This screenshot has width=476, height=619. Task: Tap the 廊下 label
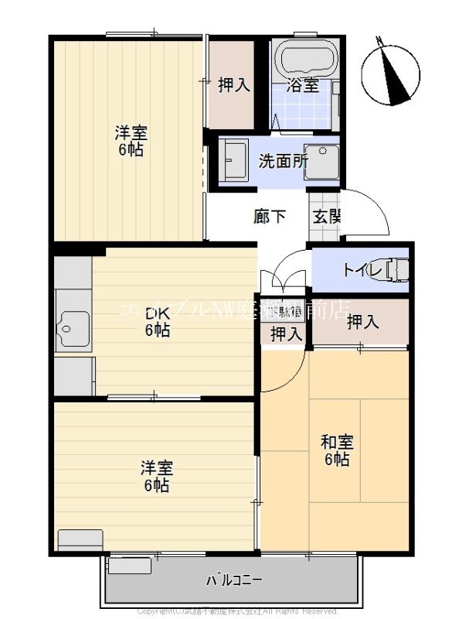[270, 216]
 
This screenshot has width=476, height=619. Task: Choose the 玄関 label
[326, 217]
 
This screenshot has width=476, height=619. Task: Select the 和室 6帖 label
[338, 450]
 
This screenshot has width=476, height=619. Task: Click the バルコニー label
[234, 580]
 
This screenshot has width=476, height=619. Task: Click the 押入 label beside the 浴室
[233, 85]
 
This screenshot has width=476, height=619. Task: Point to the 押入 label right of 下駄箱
[362, 321]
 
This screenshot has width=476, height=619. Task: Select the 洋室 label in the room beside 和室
[156, 477]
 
